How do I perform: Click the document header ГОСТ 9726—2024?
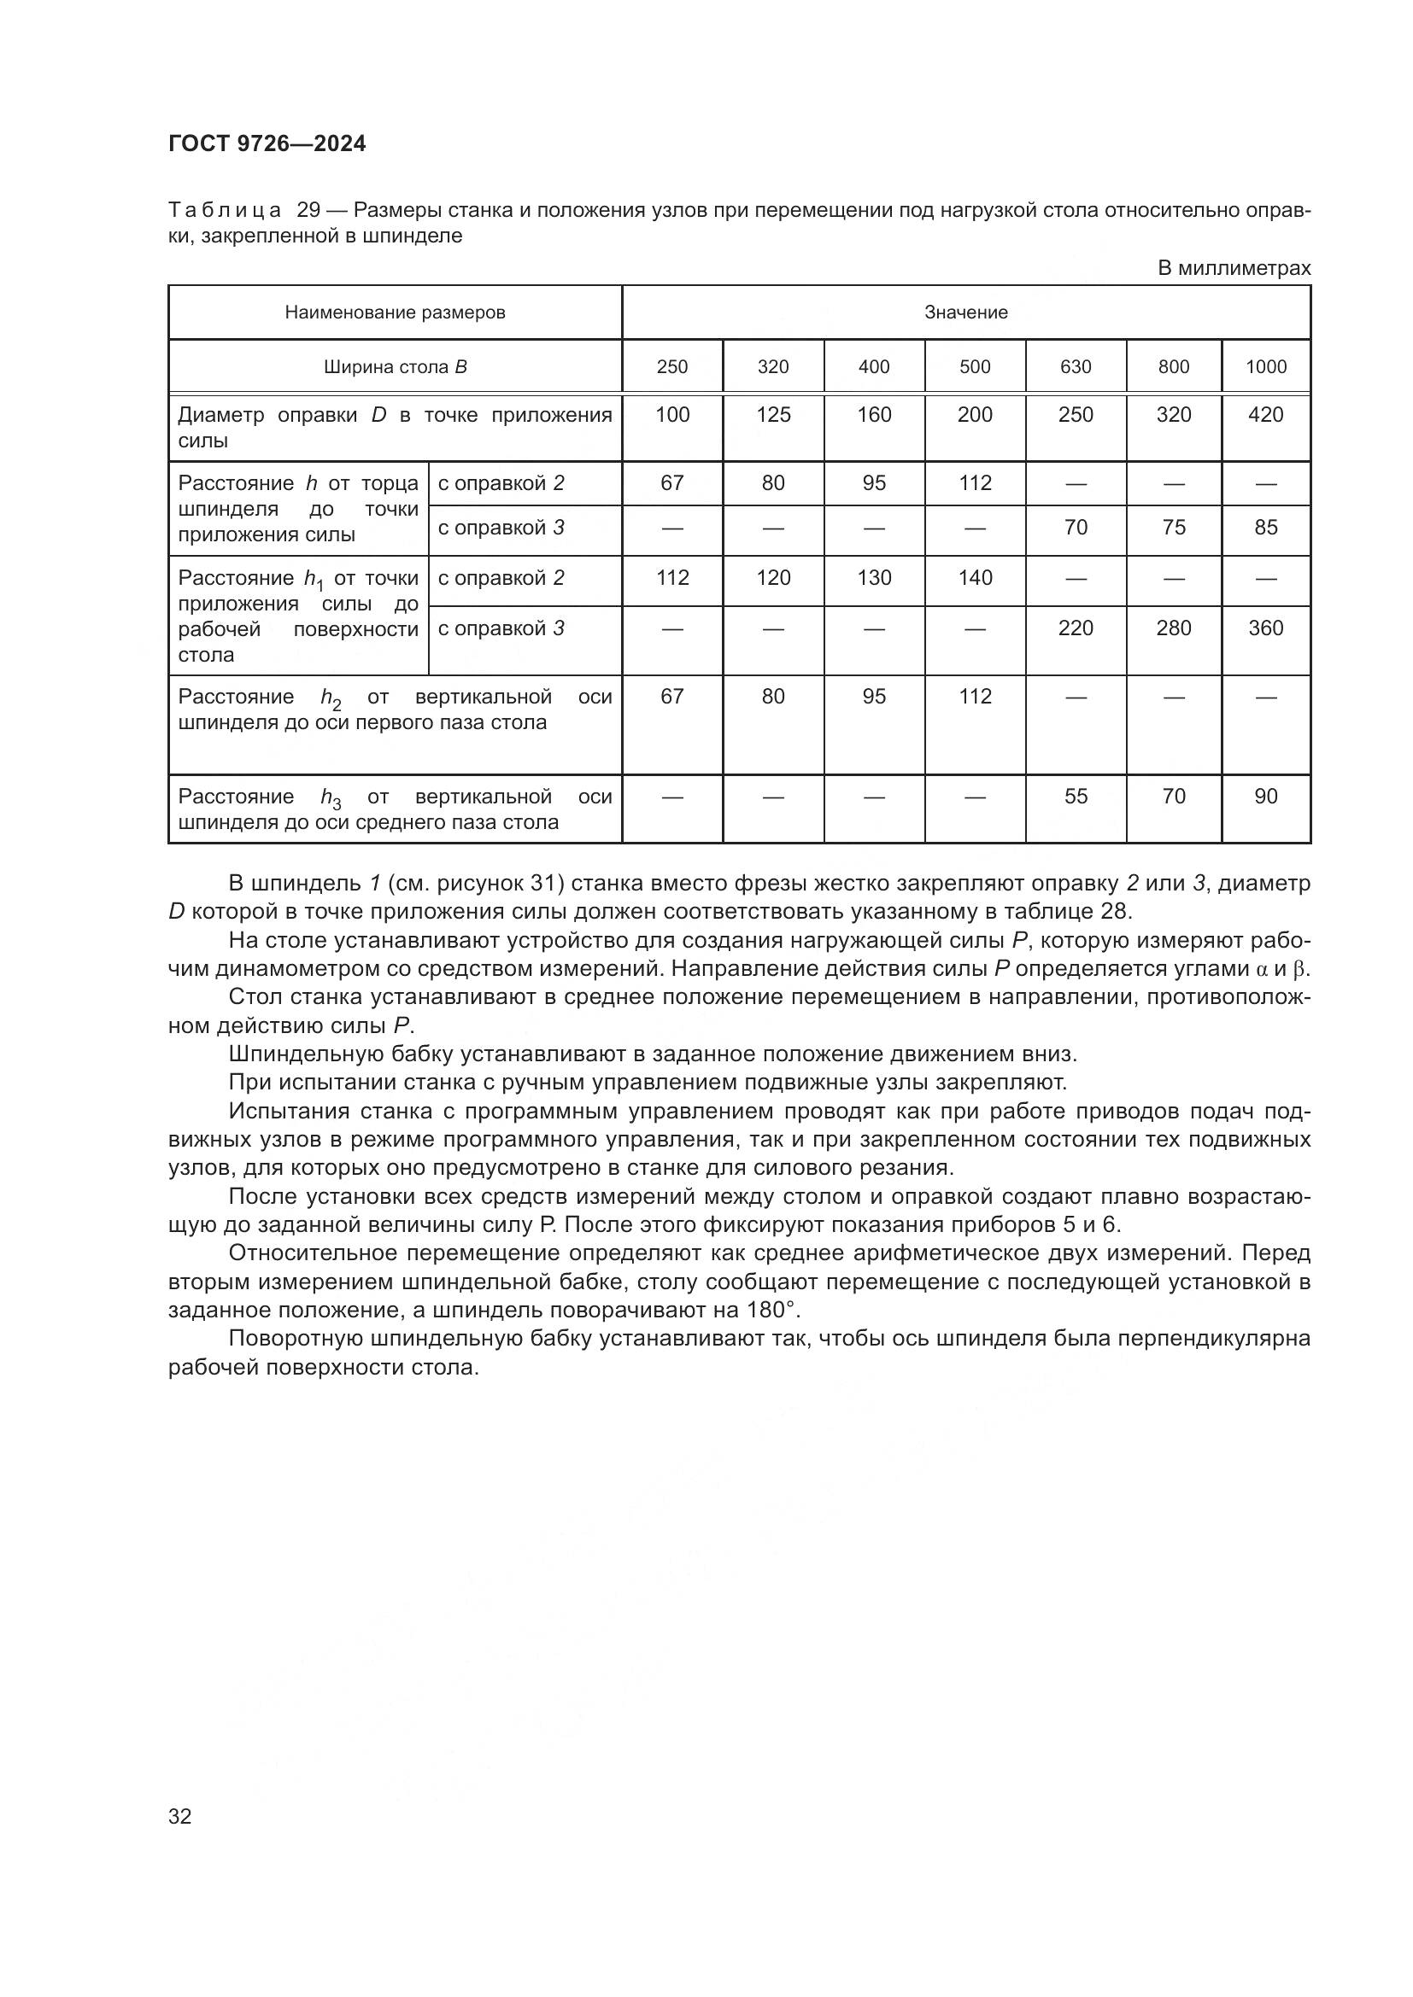tap(267, 144)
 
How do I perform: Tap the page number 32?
tap(180, 1816)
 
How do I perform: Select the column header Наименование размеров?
tap(395, 312)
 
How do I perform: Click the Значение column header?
tap(966, 312)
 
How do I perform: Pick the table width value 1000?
tap(1265, 367)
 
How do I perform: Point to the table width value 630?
tap(1076, 367)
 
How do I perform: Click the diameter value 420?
tap(1265, 415)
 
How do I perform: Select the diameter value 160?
tap(874, 415)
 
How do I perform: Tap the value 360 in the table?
tap(1265, 628)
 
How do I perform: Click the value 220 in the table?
tap(1076, 628)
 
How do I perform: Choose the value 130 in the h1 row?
tap(874, 578)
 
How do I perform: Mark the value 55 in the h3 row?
tap(1076, 797)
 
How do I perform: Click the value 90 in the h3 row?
tap(1265, 797)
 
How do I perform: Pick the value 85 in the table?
tap(1265, 528)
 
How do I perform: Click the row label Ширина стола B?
tap(395, 367)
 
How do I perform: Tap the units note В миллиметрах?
tap(1233, 268)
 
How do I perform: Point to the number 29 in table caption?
tap(309, 211)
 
